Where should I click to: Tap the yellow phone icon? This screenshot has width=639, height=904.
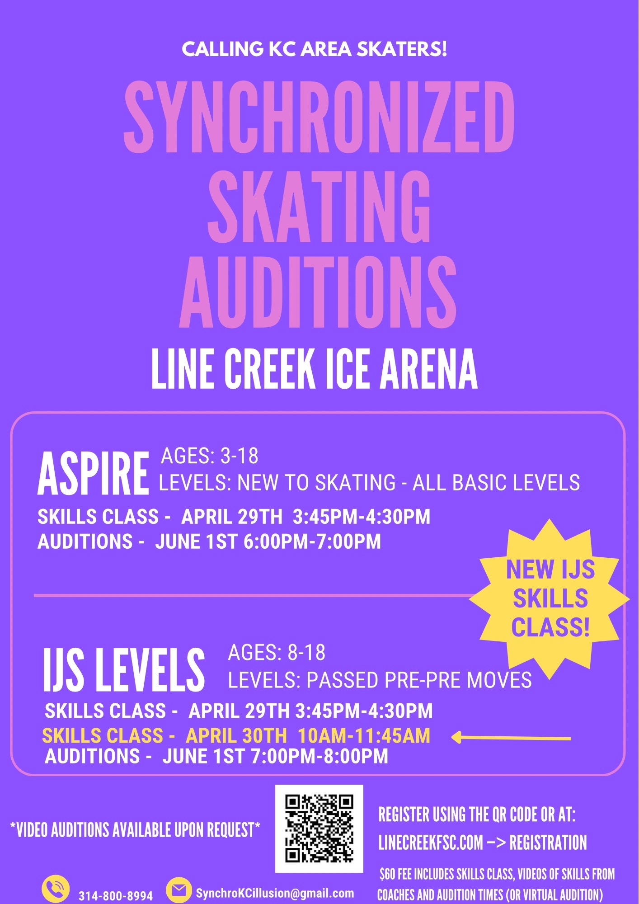[x=56, y=889]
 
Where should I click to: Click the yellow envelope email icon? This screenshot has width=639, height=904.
[x=179, y=890]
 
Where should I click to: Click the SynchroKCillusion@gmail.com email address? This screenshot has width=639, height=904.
[x=275, y=893]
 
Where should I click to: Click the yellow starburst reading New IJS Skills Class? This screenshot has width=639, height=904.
[x=550, y=599]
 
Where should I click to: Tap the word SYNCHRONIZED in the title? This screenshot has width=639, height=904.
[x=319, y=117]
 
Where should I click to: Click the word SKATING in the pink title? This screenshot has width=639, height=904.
[x=319, y=206]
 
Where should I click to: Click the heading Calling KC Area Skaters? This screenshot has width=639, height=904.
[x=315, y=49]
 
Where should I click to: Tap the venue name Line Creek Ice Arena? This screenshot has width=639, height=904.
[x=315, y=369]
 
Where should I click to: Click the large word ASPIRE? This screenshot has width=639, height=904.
[x=93, y=473]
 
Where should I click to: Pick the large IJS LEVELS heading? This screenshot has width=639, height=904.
[x=124, y=669]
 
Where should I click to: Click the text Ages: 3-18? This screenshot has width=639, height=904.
[x=210, y=456]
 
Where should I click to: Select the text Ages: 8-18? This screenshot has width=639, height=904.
[x=277, y=653]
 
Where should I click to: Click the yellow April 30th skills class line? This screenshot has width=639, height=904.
[x=236, y=736]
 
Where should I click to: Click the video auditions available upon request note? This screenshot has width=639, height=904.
[x=135, y=830]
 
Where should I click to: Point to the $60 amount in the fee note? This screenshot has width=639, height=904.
[x=387, y=874]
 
